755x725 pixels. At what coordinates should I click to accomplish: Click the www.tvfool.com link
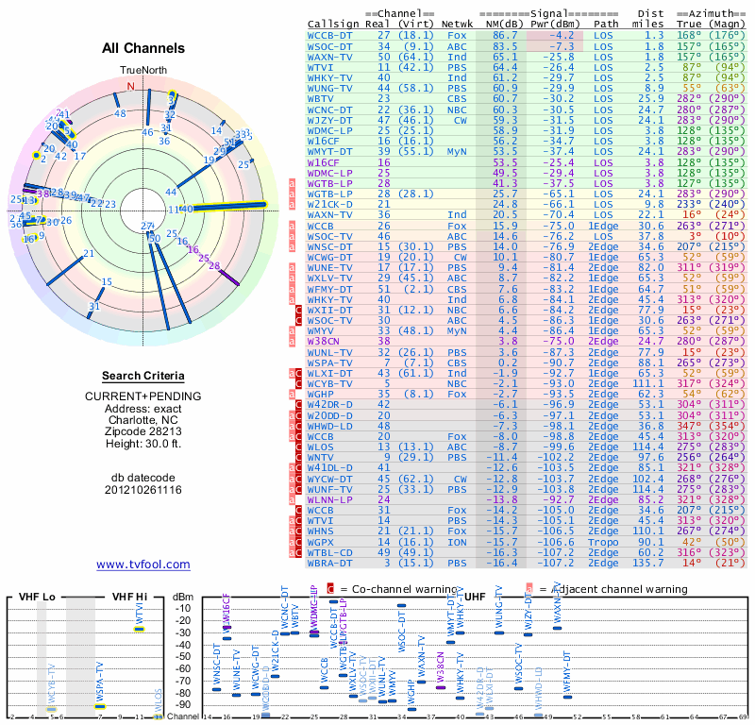click(143, 565)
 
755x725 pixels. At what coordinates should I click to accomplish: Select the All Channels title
click(143, 48)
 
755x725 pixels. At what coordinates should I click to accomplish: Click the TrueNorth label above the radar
click(143, 71)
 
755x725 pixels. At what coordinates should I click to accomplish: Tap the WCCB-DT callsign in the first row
click(331, 35)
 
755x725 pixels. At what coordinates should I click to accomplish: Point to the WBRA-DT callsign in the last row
click(331, 564)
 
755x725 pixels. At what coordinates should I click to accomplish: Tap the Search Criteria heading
click(143, 376)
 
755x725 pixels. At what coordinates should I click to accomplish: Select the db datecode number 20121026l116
click(143, 489)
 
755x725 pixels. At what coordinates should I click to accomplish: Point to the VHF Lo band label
click(36, 598)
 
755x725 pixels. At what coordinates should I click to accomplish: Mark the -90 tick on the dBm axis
click(182, 704)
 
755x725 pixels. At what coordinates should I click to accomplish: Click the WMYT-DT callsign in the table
click(331, 151)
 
